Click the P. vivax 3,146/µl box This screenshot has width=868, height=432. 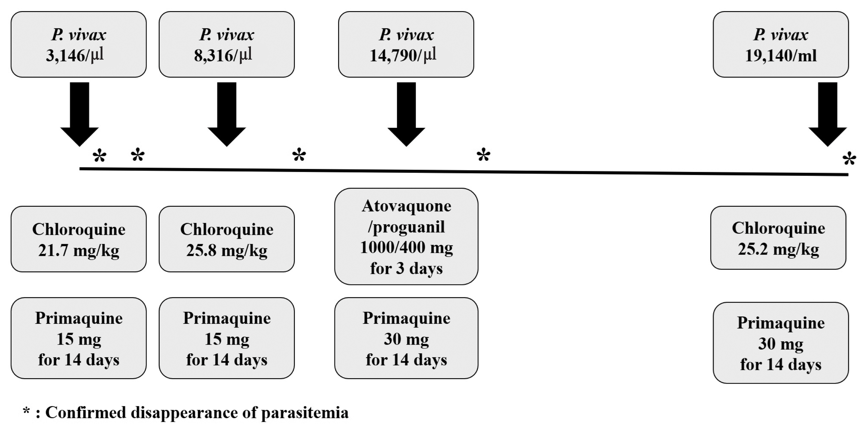78,45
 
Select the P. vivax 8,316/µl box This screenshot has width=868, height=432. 227,45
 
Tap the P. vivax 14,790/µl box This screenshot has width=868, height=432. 406,45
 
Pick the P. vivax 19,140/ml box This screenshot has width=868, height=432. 781,45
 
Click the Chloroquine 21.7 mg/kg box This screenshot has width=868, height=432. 78,239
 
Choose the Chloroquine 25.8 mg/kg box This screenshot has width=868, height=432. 227,239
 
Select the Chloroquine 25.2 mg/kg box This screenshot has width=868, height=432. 778,238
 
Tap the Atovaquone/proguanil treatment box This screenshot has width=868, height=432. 406,236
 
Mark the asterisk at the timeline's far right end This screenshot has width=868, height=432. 849,159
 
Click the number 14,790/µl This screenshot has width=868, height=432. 403,55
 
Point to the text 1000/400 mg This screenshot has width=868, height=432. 406,247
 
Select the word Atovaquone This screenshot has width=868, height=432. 406,206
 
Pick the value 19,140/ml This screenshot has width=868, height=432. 781,55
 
